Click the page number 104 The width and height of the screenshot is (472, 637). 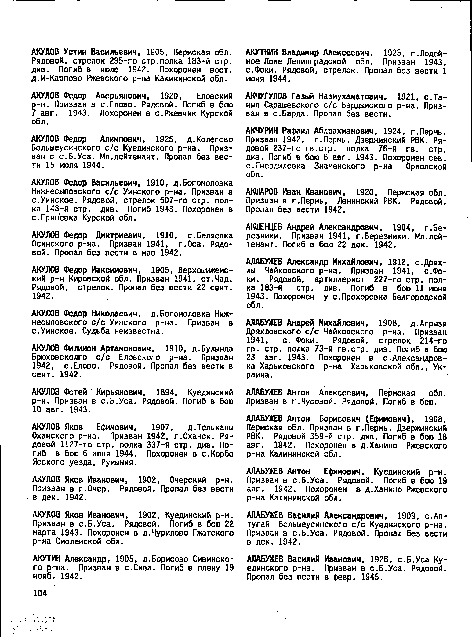(x=40, y=593)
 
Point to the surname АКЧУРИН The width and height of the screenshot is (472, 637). (x=262, y=131)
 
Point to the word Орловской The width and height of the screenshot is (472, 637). (x=426, y=166)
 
